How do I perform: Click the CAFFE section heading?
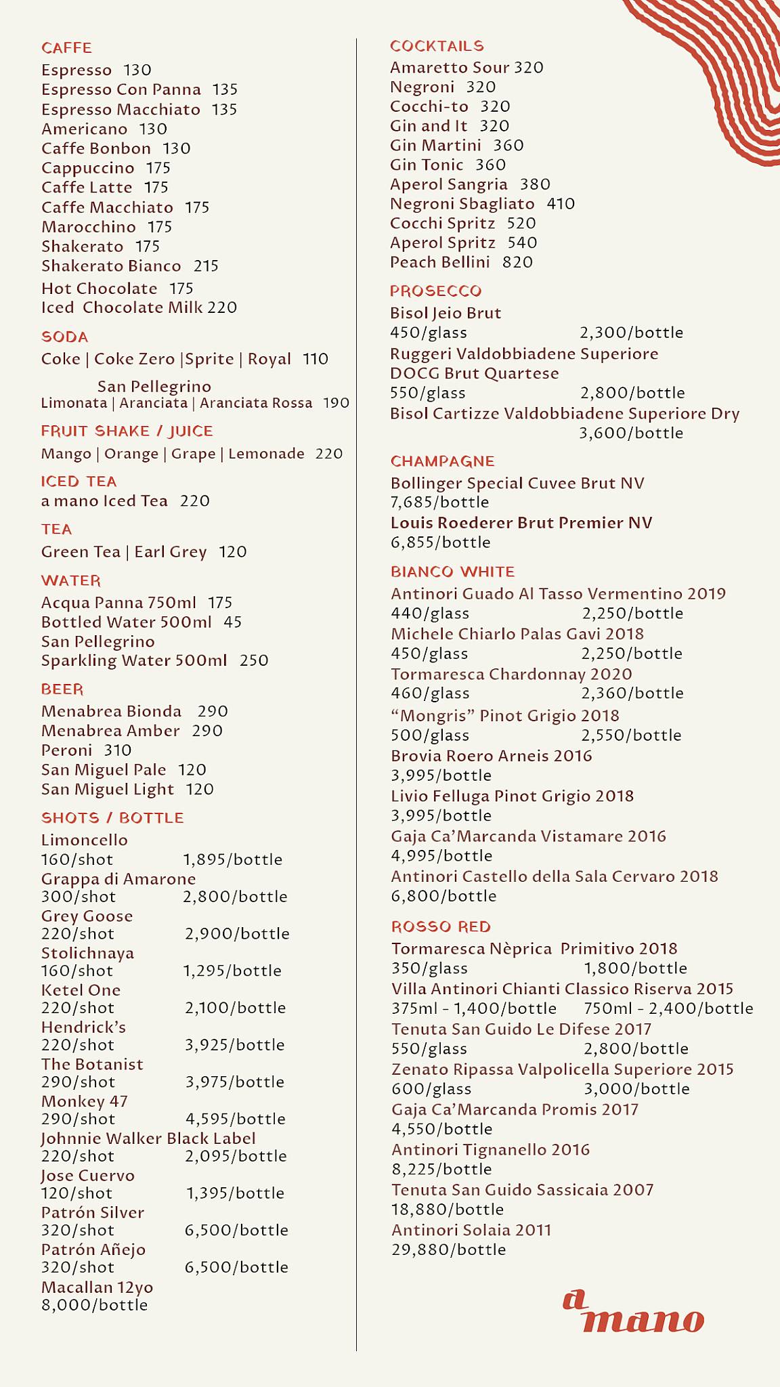tap(66, 48)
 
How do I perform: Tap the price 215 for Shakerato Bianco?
tap(206, 266)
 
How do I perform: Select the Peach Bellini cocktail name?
tap(439, 262)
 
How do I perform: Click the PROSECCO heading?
tap(435, 291)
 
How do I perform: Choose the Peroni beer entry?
tap(66, 750)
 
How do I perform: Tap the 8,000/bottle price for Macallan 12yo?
tap(94, 1305)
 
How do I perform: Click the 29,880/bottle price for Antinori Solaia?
tap(448, 1250)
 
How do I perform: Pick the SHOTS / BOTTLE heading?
tap(112, 818)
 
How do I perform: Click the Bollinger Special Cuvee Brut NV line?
tap(517, 484)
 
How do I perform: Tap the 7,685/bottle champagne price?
tap(439, 503)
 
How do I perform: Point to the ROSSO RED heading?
tap(441, 927)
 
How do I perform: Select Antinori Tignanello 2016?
tap(490, 1150)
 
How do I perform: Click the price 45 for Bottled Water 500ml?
tap(232, 622)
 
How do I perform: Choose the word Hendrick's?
tap(83, 1027)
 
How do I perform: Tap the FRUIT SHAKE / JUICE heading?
tap(127, 431)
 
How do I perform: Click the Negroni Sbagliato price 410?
tap(561, 204)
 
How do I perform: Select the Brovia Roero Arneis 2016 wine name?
tap(491, 756)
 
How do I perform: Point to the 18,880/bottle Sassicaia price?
tap(448, 1210)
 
